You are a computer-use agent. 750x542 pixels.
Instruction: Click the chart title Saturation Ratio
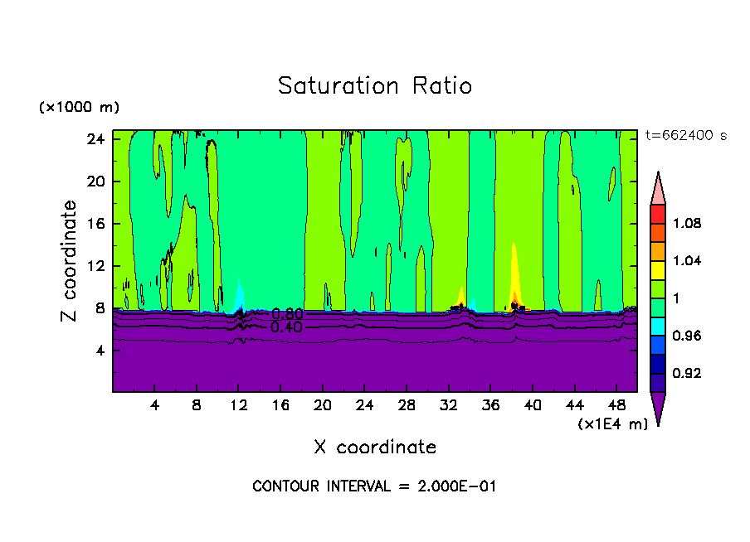click(375, 86)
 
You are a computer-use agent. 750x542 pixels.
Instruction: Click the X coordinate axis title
click(375, 447)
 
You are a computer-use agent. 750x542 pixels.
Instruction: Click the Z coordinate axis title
click(71, 262)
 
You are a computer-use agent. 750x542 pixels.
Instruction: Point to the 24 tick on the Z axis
click(95, 139)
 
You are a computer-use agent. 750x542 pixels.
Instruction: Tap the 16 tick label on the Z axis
click(95, 224)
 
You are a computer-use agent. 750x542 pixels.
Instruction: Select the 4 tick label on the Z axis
click(100, 350)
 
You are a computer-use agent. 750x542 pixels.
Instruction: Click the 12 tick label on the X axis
click(239, 405)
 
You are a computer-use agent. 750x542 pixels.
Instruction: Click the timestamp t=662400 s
click(685, 135)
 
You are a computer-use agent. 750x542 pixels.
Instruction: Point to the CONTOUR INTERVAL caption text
click(374, 486)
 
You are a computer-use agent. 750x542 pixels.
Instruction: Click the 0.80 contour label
click(287, 314)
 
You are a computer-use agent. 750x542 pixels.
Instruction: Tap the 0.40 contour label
click(287, 327)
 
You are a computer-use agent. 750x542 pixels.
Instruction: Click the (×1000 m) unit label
click(79, 108)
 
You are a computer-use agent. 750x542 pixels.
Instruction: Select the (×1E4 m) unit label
click(612, 423)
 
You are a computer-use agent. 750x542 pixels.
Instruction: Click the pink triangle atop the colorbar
click(657, 187)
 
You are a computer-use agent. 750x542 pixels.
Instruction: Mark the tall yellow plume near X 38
click(514, 273)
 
